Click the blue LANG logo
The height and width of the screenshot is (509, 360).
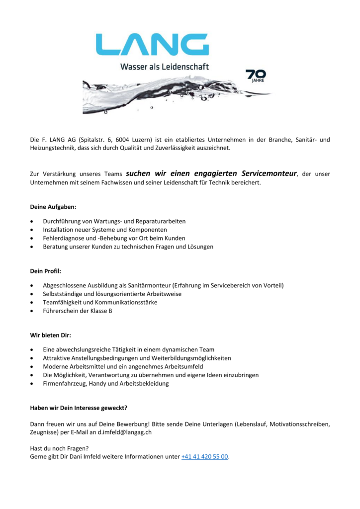[152, 44]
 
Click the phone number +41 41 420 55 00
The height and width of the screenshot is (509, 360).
[205, 456]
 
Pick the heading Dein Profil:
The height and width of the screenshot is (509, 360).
[46, 271]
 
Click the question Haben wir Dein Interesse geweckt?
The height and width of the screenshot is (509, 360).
[79, 408]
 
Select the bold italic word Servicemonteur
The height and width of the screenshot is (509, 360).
[269, 173]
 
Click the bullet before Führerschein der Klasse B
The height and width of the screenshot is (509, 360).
[32, 311]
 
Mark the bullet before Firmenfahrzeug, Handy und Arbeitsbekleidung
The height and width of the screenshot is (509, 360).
[32, 384]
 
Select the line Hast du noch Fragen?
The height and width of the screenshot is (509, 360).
[59, 448]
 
